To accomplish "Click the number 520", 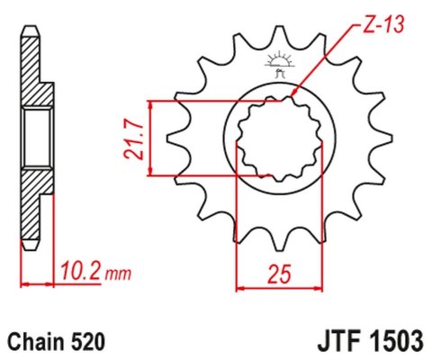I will [90, 342].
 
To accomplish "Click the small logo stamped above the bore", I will [276, 65].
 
